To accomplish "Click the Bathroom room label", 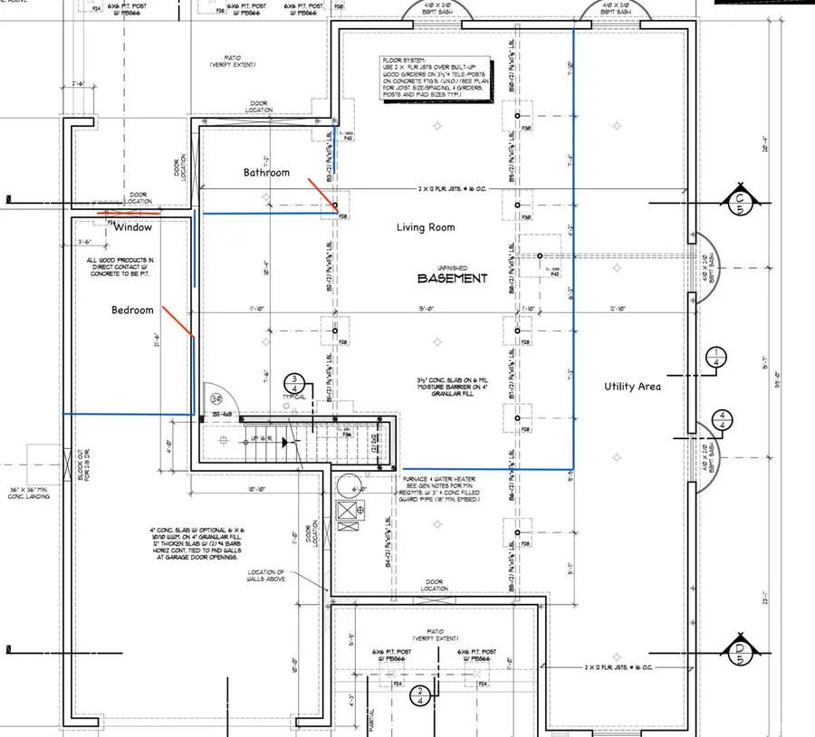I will (x=266, y=172).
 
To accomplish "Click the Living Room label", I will (x=426, y=227).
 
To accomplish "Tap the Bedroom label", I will (x=132, y=310).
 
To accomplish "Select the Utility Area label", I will (x=633, y=387).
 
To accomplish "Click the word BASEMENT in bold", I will (x=452, y=279).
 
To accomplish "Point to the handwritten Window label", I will (x=132, y=227).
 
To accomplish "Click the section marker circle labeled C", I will (x=741, y=201).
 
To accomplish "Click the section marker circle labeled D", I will (x=741, y=650).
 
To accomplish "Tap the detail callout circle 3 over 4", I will (x=295, y=384).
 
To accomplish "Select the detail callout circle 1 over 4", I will (x=717, y=357).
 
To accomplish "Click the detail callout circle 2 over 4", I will (x=419, y=694).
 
